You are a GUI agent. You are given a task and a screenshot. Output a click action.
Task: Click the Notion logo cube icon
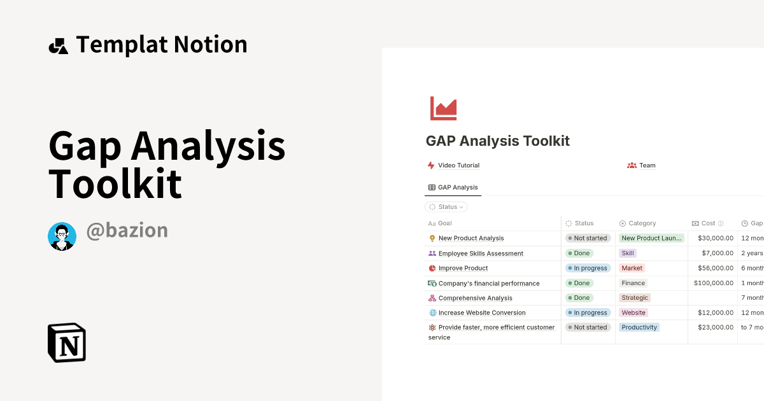[x=67, y=342]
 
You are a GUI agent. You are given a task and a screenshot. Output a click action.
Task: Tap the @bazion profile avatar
[x=62, y=237]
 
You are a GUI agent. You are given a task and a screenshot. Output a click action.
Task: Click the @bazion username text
[x=127, y=230]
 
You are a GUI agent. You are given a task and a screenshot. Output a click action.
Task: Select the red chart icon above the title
[x=443, y=108]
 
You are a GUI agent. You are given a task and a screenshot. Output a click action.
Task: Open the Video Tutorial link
[x=458, y=165]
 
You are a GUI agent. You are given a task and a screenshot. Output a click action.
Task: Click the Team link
[x=647, y=165]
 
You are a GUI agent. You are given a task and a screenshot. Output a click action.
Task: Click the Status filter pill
[x=446, y=207]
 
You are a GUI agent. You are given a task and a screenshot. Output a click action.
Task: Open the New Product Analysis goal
[x=470, y=238]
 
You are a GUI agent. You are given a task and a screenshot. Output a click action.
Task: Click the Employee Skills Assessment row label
[x=481, y=253]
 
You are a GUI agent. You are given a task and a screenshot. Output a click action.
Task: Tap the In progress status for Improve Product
[x=588, y=268]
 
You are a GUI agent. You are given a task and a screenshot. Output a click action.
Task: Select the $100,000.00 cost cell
[x=714, y=283]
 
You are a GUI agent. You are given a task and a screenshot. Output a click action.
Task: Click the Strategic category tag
[x=635, y=298]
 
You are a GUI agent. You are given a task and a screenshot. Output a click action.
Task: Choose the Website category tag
[x=633, y=313]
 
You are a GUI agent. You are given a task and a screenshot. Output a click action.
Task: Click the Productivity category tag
[x=639, y=327]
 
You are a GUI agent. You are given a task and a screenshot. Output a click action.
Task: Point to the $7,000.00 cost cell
[x=718, y=253]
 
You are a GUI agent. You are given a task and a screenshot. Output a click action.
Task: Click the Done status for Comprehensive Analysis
[x=579, y=298]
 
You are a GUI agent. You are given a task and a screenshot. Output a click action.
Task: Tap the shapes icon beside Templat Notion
[x=58, y=46]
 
